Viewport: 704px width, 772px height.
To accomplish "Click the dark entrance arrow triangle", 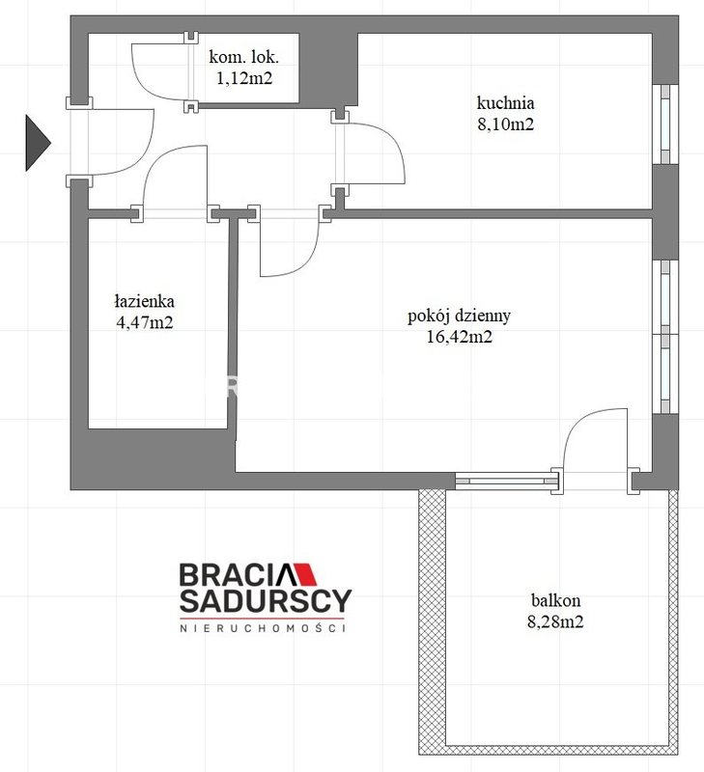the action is click(x=37, y=143).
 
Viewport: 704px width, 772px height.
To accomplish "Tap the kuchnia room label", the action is click(x=505, y=103).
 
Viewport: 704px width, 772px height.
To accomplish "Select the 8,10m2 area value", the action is click(x=505, y=124).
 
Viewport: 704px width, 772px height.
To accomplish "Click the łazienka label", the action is click(x=144, y=301).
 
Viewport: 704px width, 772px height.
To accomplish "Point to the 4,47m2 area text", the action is click(x=144, y=322).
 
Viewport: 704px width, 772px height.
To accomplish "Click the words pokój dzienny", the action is click(x=459, y=316).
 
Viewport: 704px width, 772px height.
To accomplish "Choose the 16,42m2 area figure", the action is click(x=459, y=337).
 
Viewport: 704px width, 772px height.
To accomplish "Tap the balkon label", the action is click(x=555, y=600).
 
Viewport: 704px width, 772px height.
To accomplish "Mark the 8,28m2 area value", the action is click(x=555, y=621).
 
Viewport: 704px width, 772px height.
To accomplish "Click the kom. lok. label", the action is click(x=244, y=57).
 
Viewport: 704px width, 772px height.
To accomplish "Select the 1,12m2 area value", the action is click(x=244, y=78).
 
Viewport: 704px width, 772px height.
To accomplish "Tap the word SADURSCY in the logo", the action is click(x=266, y=600).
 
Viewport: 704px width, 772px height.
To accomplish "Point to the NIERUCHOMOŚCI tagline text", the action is click(x=263, y=628).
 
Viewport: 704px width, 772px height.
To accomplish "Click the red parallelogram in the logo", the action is click(x=306, y=573).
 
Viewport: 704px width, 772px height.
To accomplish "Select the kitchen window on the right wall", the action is click(x=665, y=124).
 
